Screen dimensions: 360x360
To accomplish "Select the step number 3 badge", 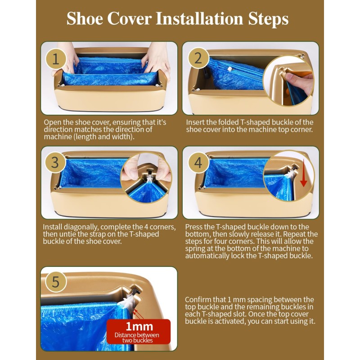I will (x=55, y=162).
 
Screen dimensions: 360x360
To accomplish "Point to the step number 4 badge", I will (x=198, y=162).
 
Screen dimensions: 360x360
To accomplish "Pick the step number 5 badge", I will (x=55, y=282).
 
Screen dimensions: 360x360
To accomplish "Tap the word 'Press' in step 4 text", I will (x=194, y=227).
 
